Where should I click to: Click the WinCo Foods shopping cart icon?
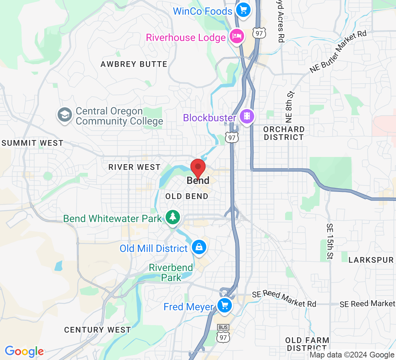coord(243,10)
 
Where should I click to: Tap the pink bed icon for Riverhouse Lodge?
coord(237,36)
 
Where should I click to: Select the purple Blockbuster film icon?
coord(247,117)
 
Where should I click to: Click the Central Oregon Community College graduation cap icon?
coord(64,115)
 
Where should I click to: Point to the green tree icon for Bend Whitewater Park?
coord(173,217)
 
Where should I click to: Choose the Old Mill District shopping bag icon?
coord(198,247)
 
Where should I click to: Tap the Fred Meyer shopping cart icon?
coord(225,306)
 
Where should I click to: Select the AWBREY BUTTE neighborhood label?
coord(134,64)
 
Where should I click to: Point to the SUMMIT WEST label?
coord(32,143)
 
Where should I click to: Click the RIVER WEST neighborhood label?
coord(134,167)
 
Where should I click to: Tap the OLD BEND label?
coord(187,196)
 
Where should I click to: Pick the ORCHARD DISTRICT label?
coord(284,133)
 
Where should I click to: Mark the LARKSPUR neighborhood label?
coord(371,260)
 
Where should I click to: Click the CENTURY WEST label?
coord(97,330)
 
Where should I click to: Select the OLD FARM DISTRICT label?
coord(307,344)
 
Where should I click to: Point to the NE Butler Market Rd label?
coord(338,52)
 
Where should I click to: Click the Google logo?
coord(24,351)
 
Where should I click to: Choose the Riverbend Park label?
coord(171,273)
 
